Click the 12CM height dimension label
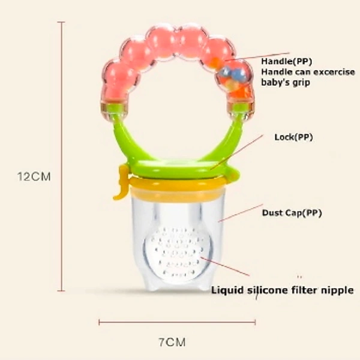point(34,177)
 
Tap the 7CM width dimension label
point(172,343)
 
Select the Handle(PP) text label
point(287,62)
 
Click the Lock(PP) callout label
point(293,137)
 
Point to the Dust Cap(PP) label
point(292,213)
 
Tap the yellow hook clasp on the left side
point(121,182)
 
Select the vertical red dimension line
point(61,157)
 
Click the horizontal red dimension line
point(177,322)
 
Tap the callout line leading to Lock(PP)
point(236,152)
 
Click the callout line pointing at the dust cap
point(240,213)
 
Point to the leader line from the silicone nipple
point(225,266)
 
